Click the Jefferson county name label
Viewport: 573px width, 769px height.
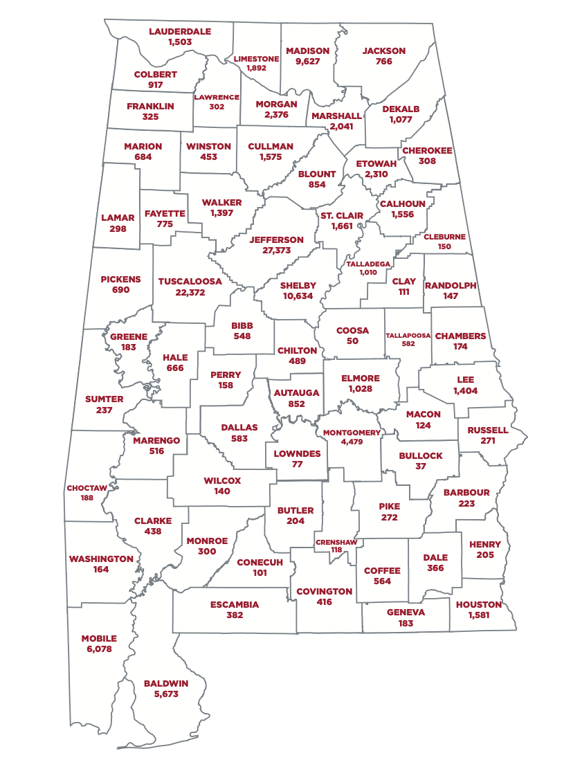277,239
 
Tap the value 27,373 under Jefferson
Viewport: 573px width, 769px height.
277,251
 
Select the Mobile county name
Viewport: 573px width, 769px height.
99,638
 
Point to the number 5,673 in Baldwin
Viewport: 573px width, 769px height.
166,694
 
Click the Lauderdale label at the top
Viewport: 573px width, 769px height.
180,31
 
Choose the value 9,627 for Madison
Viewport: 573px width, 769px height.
307,62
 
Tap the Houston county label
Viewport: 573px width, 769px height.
479,604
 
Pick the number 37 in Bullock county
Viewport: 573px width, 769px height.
421,467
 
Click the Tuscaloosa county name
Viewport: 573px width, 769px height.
190,281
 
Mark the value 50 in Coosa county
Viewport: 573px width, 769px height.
352,341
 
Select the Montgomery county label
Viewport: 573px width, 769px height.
352,433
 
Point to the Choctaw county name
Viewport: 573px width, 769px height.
87,488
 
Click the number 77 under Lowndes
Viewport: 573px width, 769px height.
297,464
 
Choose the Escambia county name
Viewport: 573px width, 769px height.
235,604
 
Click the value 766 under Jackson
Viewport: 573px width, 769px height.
384,62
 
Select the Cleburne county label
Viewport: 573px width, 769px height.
444,237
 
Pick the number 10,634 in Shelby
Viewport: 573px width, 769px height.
298,296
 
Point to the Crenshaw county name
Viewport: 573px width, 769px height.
336,541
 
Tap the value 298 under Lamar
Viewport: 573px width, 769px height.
118,228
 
